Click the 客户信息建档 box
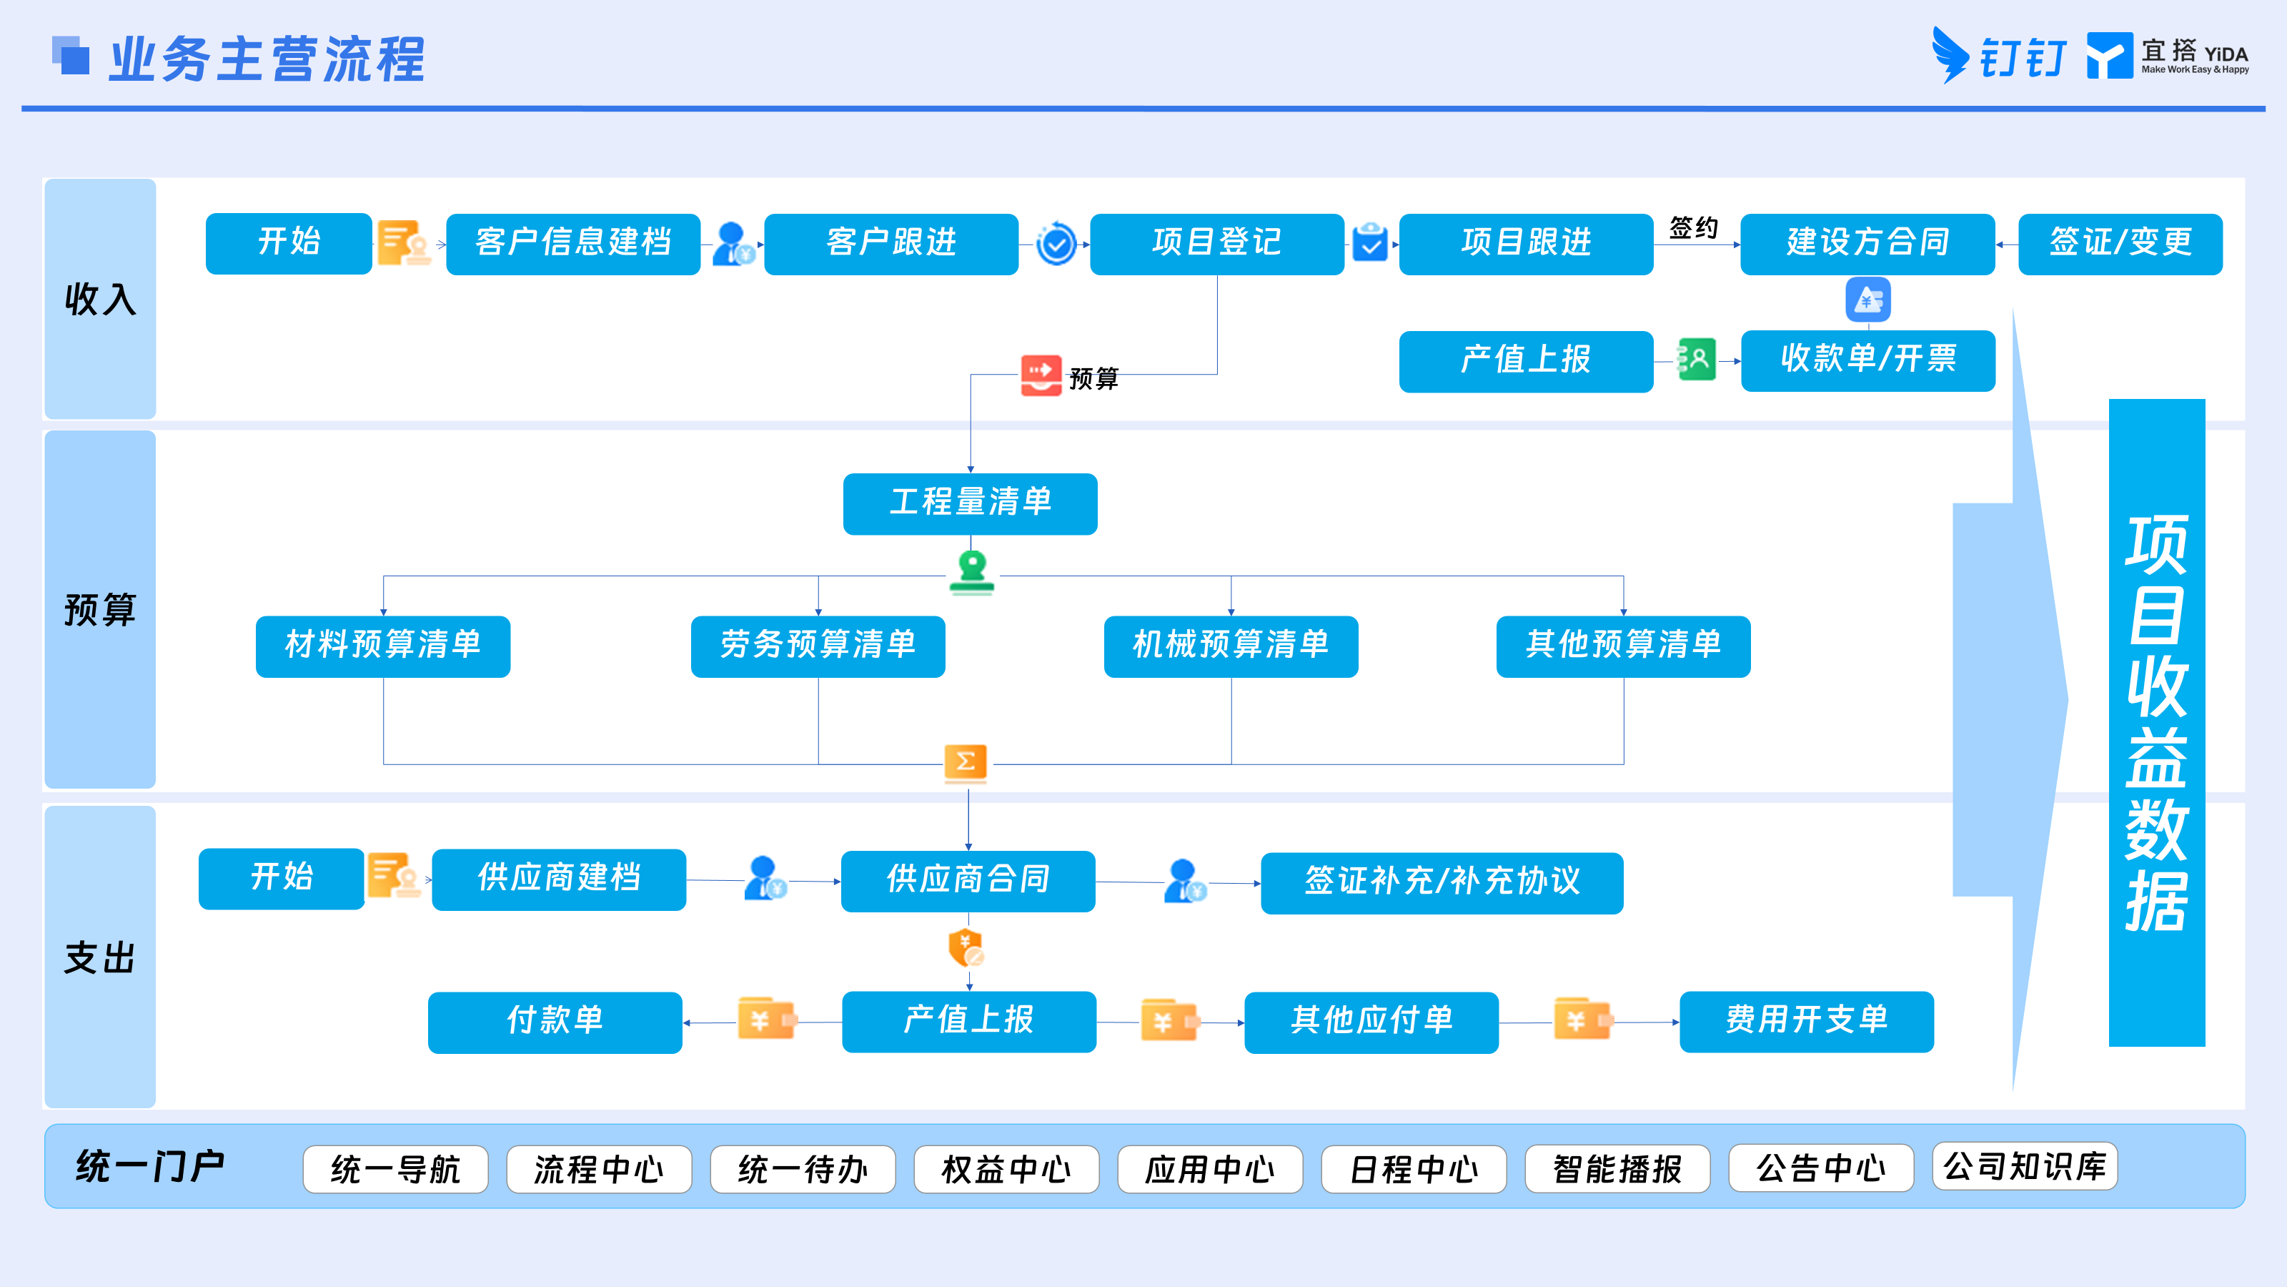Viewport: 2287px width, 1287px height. [572, 243]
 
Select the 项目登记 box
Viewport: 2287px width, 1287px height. [1216, 243]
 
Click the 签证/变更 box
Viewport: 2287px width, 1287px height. [2120, 243]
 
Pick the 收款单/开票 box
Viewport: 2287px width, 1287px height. [1868, 360]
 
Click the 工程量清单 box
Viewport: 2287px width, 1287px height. [970, 503]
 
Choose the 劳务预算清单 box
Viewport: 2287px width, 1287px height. [818, 646]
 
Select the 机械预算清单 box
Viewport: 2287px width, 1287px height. [1231, 646]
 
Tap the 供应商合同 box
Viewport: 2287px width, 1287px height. [968, 881]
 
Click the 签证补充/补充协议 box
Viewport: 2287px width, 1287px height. [1442, 883]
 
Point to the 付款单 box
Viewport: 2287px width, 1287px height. [555, 1022]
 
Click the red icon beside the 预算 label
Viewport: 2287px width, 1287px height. [1041, 375]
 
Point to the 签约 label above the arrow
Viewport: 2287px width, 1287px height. [1693, 228]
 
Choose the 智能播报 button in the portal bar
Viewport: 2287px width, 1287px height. [1617, 1169]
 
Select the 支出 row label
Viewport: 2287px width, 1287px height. [99, 958]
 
